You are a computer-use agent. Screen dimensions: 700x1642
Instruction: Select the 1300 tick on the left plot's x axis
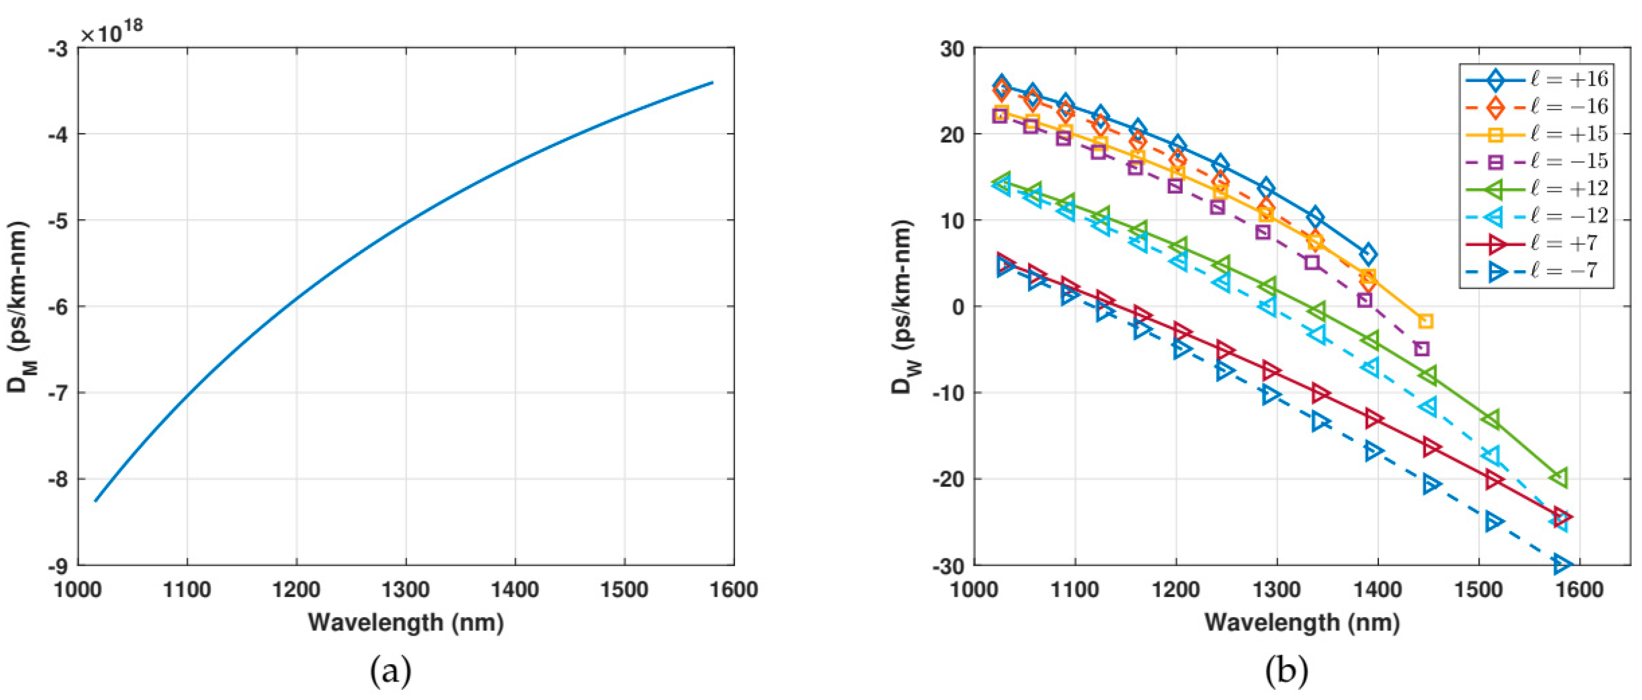(x=406, y=590)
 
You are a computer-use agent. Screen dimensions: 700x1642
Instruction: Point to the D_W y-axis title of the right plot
(x=904, y=306)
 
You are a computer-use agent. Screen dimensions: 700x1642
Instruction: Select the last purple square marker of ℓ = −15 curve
(x=1421, y=349)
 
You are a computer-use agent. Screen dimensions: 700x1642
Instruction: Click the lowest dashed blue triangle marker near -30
(x=1561, y=564)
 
